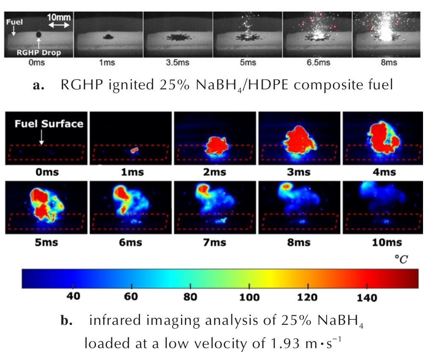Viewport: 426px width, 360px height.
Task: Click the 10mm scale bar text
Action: coord(59,18)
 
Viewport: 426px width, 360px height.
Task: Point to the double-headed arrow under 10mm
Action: coord(59,26)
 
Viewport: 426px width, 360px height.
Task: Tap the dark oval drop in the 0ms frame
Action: coord(39,34)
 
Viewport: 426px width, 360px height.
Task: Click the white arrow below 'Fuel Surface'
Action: coord(41,137)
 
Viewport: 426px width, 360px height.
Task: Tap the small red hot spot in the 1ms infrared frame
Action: coord(135,150)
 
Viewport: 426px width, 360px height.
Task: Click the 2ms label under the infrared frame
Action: coord(215,172)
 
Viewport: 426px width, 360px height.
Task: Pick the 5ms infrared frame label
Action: coord(46,243)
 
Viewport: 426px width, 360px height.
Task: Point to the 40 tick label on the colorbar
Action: coord(74,297)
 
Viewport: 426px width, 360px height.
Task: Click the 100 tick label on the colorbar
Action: coord(250,297)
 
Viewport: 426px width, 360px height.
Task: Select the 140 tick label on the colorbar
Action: coord(367,297)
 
